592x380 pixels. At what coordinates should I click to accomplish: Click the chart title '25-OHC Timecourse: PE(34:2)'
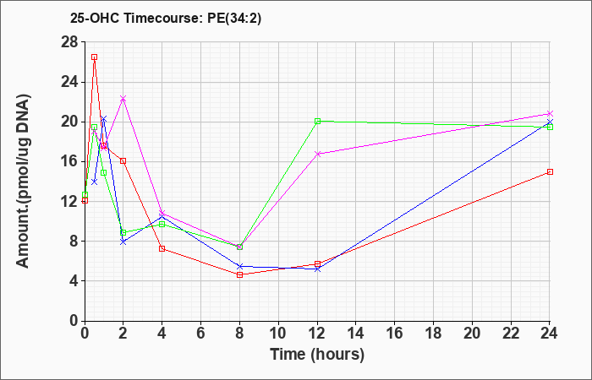tap(166, 19)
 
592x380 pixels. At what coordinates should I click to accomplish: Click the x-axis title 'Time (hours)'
tap(317, 355)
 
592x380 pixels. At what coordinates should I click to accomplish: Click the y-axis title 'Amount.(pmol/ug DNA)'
tap(24, 181)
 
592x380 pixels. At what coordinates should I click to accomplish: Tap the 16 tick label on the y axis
tap(70, 161)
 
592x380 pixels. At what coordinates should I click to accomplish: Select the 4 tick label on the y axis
tap(74, 281)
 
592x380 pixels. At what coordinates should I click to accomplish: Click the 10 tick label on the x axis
tap(278, 333)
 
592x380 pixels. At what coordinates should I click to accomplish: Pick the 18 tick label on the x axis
tap(433, 333)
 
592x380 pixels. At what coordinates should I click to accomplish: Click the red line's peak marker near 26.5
tap(95, 57)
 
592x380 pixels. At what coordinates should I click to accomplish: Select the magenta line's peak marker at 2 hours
tap(123, 99)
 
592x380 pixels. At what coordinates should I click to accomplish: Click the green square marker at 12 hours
tap(317, 121)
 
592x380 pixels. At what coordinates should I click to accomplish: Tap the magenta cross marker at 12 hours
tap(317, 154)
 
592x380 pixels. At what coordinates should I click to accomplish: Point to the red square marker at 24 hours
tap(550, 172)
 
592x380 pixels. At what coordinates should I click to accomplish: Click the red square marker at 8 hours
tap(239, 274)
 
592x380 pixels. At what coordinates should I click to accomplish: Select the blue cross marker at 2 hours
tap(123, 242)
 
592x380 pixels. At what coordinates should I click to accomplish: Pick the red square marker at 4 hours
tap(162, 248)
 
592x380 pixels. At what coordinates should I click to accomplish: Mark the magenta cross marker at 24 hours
tap(550, 113)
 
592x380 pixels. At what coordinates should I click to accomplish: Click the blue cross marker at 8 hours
tap(239, 267)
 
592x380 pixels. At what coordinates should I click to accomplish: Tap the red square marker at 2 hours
tap(123, 161)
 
